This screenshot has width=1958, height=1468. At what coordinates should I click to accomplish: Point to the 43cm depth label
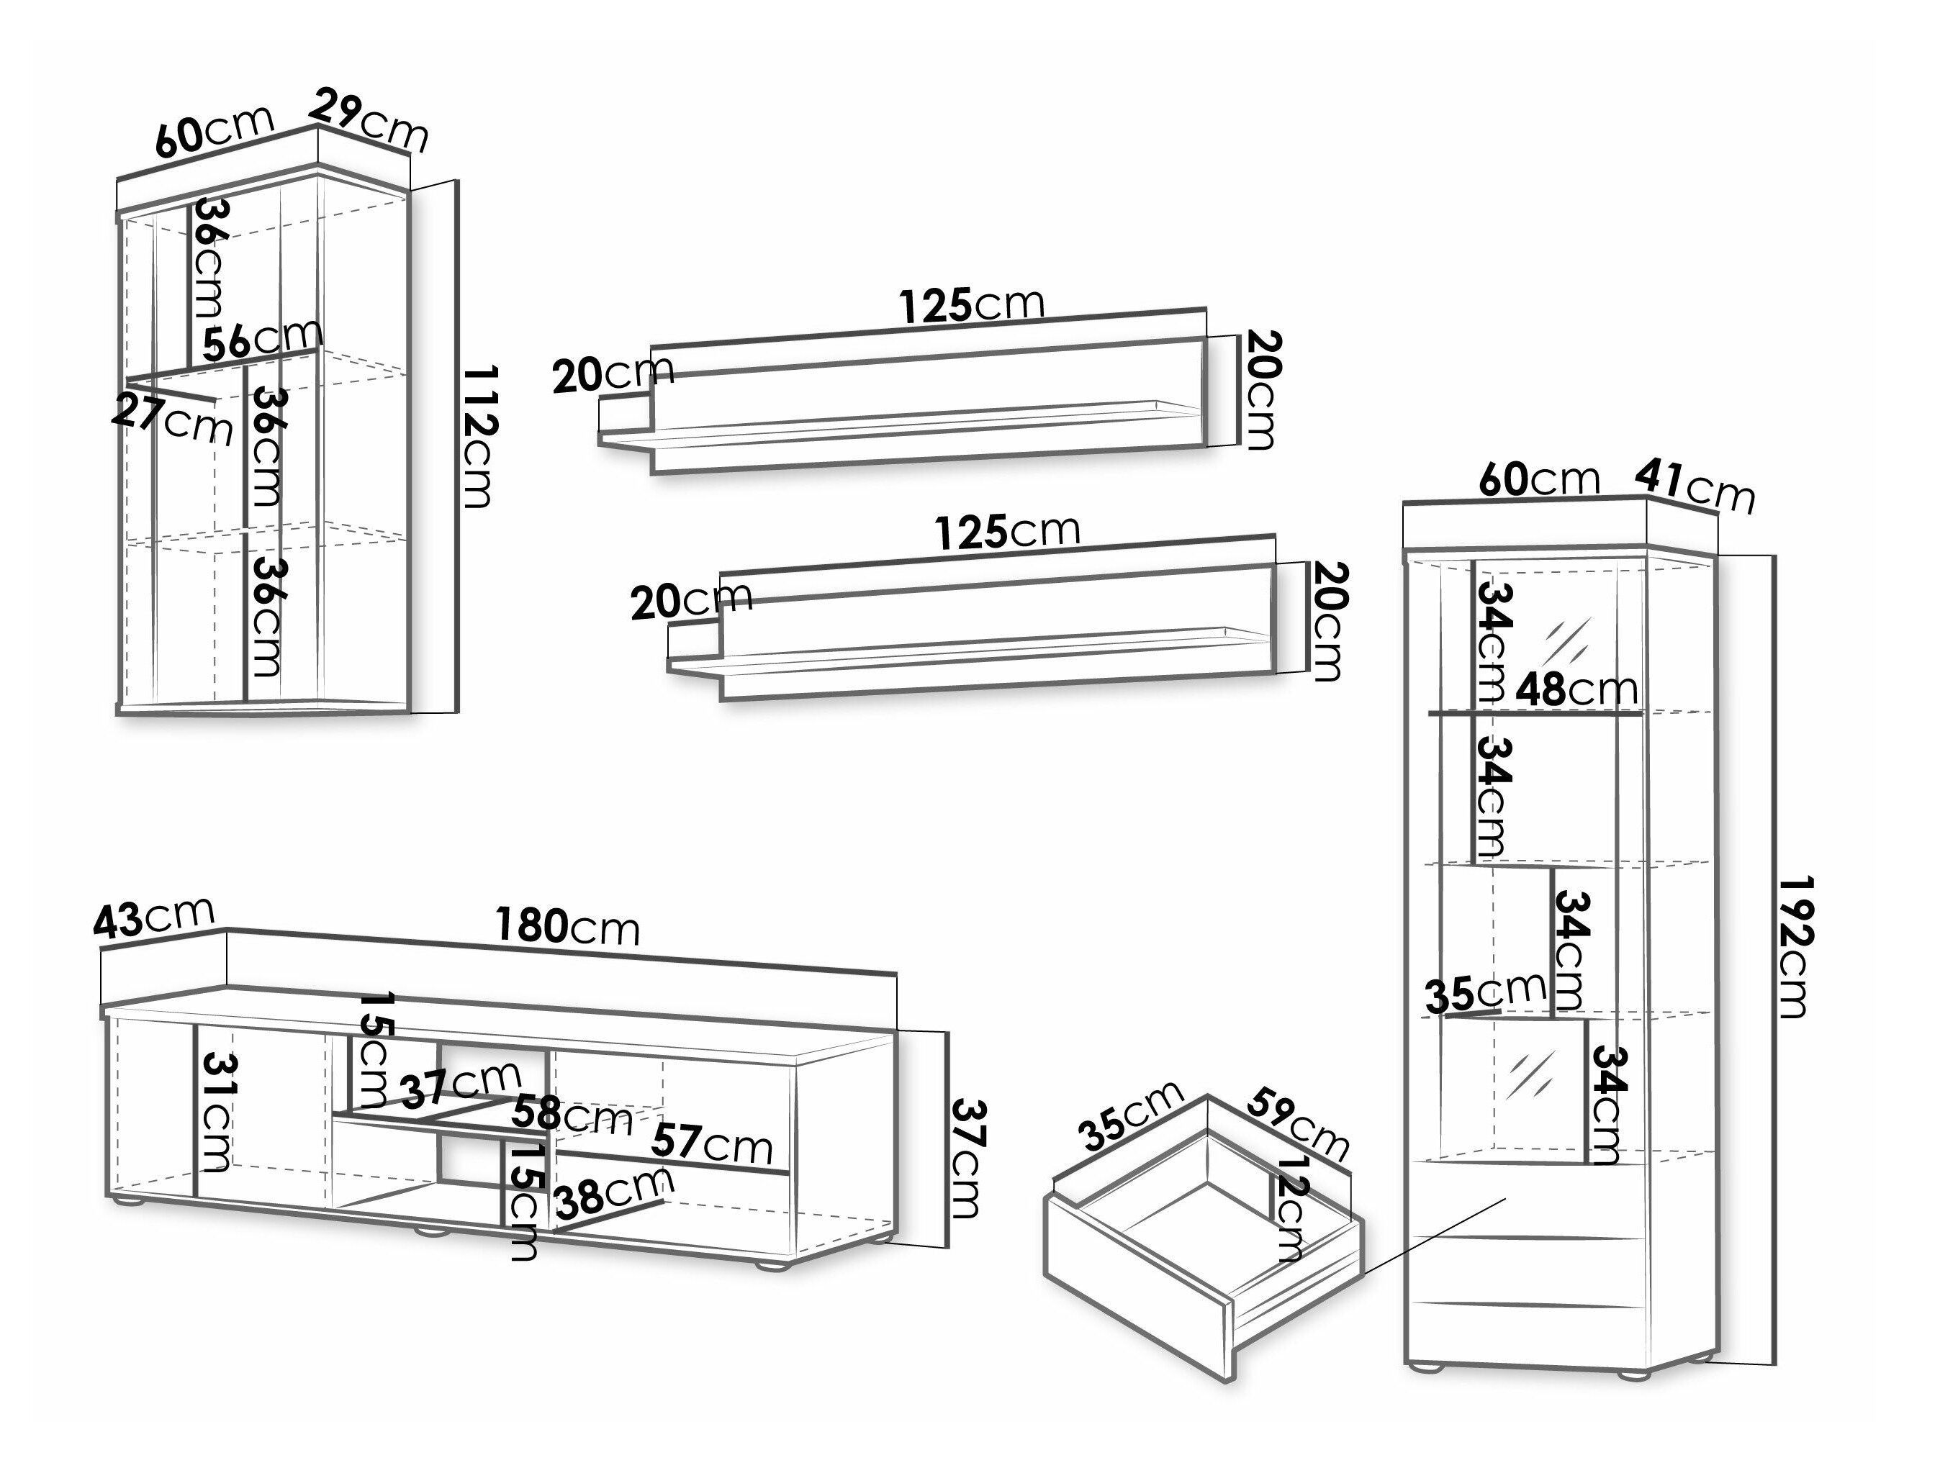[154, 917]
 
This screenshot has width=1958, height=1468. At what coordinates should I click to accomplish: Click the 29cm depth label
[370, 119]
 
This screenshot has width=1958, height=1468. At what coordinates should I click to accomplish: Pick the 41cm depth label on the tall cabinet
[1693, 484]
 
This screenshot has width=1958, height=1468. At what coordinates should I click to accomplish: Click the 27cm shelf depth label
[173, 420]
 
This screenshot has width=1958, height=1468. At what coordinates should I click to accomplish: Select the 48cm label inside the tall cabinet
[1576, 690]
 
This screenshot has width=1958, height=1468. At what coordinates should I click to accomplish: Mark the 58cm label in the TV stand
[572, 1116]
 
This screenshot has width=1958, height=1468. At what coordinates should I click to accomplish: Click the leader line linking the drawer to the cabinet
[1434, 1237]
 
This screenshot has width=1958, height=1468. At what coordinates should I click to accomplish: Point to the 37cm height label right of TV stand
[967, 1159]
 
